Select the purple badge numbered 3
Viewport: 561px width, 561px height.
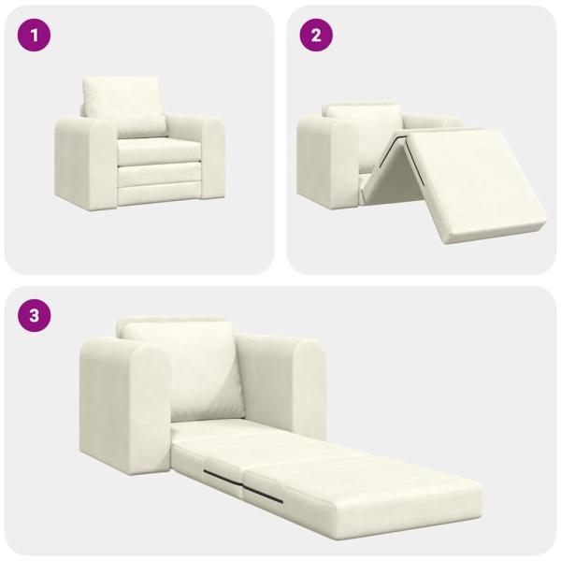[x=35, y=315]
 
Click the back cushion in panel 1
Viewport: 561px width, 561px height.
[x=123, y=106]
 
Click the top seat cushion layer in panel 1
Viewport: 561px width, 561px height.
[x=157, y=151]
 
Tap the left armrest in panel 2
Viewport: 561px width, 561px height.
[x=323, y=164]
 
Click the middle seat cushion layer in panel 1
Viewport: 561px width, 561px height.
[x=157, y=173]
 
